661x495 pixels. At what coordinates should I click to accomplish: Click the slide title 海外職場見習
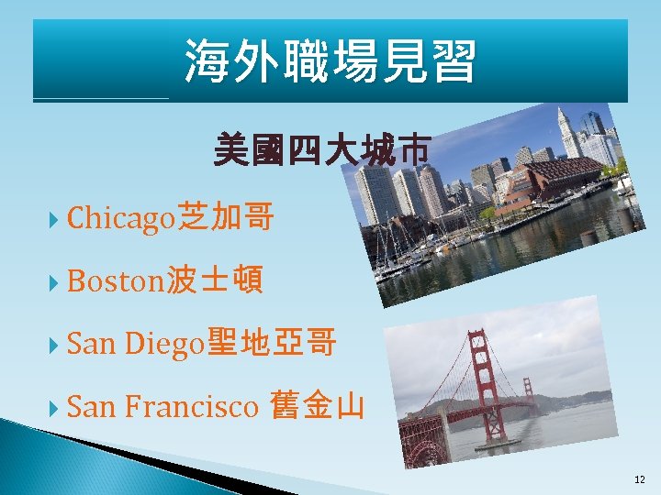[x=330, y=61]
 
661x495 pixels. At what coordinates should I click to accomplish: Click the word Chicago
[x=120, y=218]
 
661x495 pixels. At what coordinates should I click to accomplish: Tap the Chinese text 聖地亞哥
[x=272, y=345]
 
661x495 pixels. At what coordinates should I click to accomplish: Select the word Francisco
[x=190, y=406]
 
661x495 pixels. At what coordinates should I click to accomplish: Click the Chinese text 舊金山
[x=318, y=406]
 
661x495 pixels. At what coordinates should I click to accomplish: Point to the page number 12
[x=639, y=479]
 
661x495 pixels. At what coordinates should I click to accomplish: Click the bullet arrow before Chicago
[x=56, y=220]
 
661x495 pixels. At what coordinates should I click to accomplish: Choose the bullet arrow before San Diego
[x=56, y=346]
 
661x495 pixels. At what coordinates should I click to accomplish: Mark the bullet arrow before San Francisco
[x=56, y=407]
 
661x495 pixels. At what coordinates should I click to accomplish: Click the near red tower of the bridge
[x=479, y=385]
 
